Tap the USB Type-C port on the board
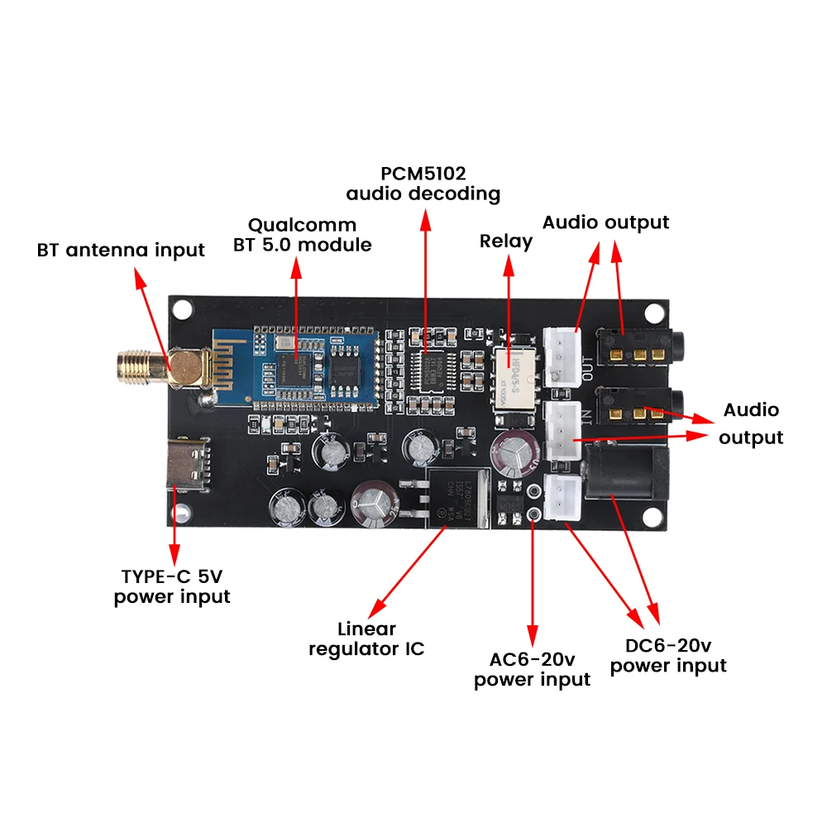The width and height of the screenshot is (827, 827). tap(190, 466)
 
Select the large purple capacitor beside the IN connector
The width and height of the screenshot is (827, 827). tap(514, 455)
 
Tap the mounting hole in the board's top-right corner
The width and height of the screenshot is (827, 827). tap(655, 313)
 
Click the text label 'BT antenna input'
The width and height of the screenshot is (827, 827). tap(121, 250)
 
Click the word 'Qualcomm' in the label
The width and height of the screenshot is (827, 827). tap(302, 225)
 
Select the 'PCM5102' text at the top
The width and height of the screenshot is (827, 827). tap(423, 174)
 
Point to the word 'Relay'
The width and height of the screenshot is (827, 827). tap(506, 241)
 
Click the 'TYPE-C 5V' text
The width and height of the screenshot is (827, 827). tap(172, 576)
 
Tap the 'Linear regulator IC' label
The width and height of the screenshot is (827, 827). tap(366, 638)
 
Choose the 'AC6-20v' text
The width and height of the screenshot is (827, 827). tap(532, 659)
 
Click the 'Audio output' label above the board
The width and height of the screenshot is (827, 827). tap(605, 222)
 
